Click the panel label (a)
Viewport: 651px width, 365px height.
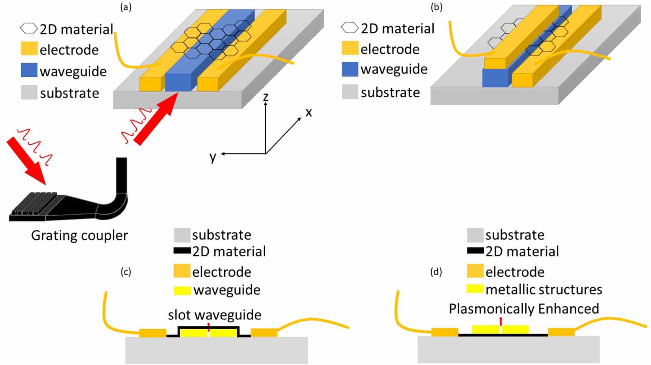tap(126, 7)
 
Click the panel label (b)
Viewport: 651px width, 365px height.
tap(436, 7)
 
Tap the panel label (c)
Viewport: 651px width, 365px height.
tap(126, 272)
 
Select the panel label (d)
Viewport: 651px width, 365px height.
tap(436, 272)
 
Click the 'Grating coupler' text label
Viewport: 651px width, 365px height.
tap(79, 235)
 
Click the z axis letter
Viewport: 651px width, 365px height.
tap(265, 97)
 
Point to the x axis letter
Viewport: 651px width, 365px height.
tap(309, 113)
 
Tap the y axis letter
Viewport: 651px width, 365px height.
tap(213, 156)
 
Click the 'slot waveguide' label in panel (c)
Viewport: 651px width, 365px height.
tap(214, 315)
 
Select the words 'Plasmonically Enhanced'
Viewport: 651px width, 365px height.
tap(524, 309)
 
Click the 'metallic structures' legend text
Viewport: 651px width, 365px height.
tap(544, 289)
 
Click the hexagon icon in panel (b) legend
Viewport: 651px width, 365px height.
tap(350, 28)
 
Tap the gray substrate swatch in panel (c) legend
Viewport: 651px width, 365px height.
tap(182, 235)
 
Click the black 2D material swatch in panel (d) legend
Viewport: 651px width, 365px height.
tap(475, 251)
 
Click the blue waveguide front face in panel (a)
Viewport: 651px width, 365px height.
tap(178, 83)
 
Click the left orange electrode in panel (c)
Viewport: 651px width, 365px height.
tap(153, 333)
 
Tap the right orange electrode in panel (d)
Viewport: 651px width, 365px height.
tap(561, 332)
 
